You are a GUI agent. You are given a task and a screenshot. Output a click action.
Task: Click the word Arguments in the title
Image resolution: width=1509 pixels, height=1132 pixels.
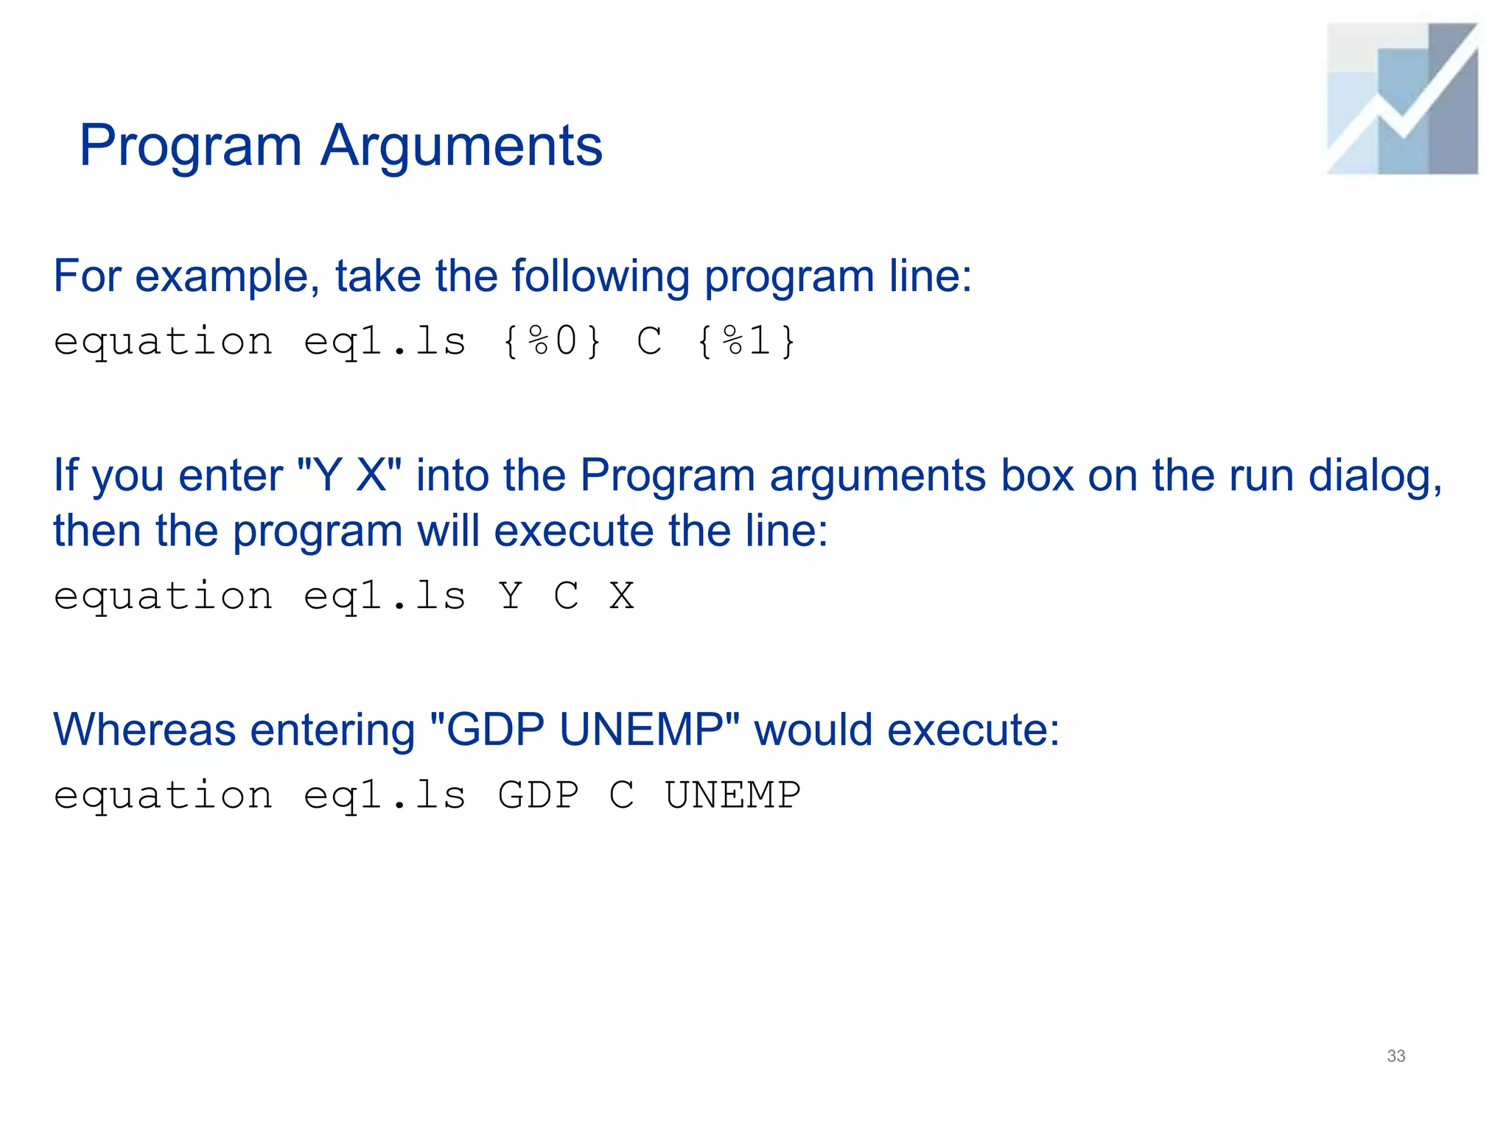(x=461, y=146)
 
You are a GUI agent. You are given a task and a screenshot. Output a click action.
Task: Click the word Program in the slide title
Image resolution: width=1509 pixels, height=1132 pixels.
(x=190, y=146)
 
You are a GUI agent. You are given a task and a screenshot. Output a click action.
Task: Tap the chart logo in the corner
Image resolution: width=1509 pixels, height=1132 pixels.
(x=1402, y=99)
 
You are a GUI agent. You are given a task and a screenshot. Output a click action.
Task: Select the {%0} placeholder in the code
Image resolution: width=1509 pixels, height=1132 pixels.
(x=552, y=342)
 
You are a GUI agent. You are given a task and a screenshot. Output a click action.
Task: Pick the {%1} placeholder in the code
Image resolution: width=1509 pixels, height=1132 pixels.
(x=746, y=342)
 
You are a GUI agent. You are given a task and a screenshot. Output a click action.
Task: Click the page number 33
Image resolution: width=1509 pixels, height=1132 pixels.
(x=1396, y=1055)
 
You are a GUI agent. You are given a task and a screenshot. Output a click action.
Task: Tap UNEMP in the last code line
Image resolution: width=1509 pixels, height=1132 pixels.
(x=732, y=795)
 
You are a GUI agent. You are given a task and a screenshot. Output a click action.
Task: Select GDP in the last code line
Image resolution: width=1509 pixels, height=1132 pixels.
(x=539, y=795)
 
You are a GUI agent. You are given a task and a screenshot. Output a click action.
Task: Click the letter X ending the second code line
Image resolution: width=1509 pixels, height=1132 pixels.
(x=622, y=595)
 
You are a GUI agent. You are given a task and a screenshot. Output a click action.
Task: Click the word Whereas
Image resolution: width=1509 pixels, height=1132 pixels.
(x=144, y=730)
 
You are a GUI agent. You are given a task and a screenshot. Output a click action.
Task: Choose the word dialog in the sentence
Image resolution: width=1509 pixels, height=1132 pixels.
(x=1374, y=475)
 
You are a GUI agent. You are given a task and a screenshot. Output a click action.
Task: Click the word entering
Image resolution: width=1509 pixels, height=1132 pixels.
(x=333, y=730)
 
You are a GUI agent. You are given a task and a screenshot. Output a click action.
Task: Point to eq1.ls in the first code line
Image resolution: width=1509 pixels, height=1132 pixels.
(x=385, y=342)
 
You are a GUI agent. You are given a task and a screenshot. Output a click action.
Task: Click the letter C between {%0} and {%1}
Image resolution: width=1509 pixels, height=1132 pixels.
(x=650, y=342)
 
